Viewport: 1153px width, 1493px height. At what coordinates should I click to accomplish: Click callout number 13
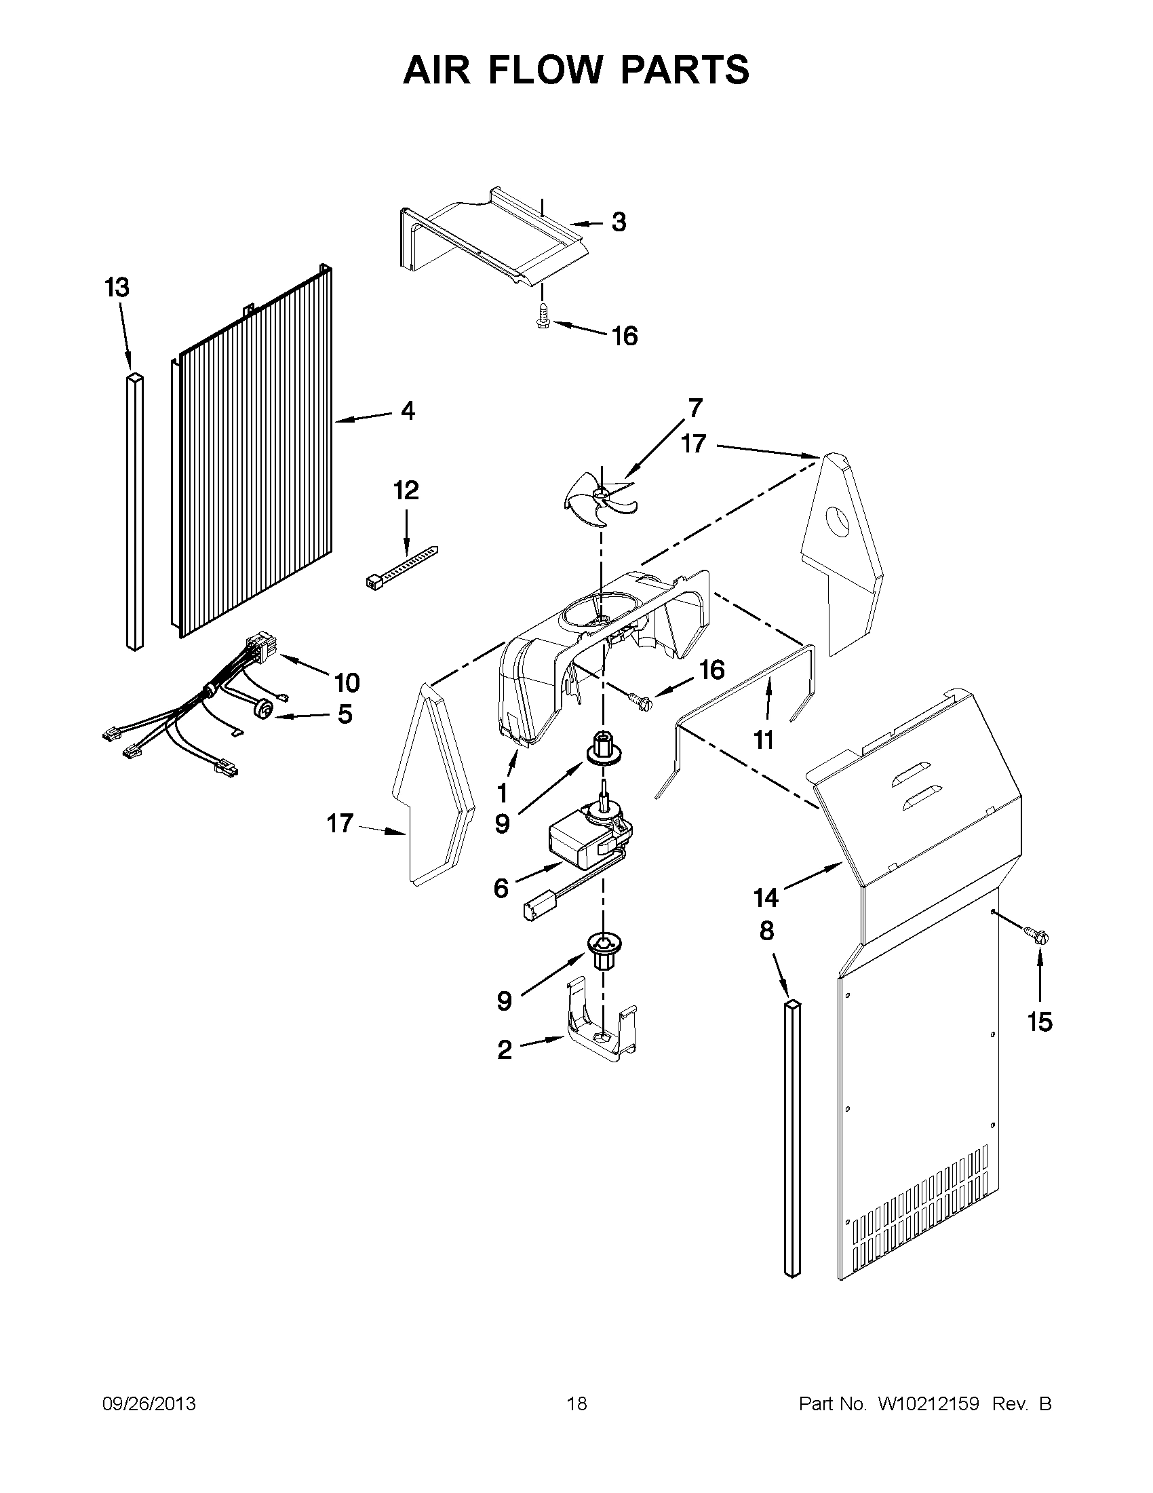pos(117,288)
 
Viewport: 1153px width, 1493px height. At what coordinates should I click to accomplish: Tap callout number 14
pos(766,897)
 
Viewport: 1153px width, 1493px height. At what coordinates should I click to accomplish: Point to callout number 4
pos(408,411)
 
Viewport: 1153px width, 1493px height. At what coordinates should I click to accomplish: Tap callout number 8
pos(767,931)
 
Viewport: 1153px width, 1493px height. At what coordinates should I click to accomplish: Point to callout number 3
pos(619,222)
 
